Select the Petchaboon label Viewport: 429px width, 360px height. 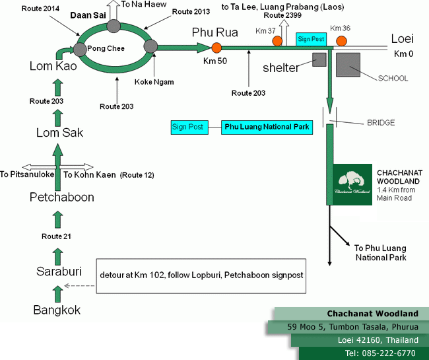pyautogui.click(x=62, y=197)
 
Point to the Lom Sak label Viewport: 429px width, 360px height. pyautogui.click(x=59, y=133)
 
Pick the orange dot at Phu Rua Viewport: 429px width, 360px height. pyautogui.click(x=216, y=47)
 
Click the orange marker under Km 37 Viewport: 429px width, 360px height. pyautogui.click(x=277, y=41)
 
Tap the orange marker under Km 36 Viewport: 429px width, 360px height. pyautogui.click(x=341, y=41)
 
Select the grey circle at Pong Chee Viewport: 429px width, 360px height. pyautogui.click(x=82, y=48)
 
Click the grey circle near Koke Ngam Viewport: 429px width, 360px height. pyautogui.click(x=150, y=46)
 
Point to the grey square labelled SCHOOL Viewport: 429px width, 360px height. pyautogui.click(x=348, y=65)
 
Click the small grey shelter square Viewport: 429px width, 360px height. pyautogui.click(x=320, y=59)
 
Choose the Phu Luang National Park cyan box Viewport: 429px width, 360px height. pyautogui.click(x=265, y=127)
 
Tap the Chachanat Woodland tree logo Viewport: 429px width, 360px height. pyautogui.click(x=351, y=184)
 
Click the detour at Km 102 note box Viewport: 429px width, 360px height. pyautogui.click(x=202, y=275)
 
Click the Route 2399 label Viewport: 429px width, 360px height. pyautogui.click(x=279, y=15)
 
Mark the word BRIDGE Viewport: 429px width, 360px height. pyautogui.click(x=381, y=123)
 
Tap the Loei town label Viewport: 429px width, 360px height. pyautogui.click(x=402, y=38)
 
